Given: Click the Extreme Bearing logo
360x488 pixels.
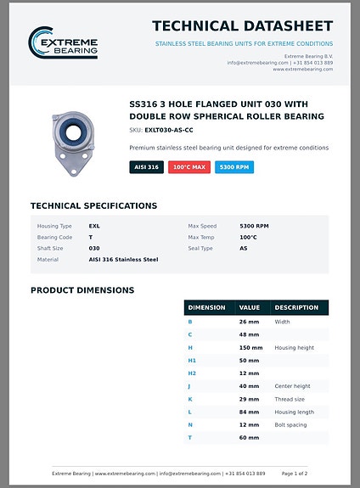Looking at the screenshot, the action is point(64,43).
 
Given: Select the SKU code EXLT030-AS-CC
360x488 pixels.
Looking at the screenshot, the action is point(169,131).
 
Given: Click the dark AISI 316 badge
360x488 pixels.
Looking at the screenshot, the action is point(146,167).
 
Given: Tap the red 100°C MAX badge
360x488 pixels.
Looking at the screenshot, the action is point(189,167).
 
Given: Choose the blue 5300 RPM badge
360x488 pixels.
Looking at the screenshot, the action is point(234,167).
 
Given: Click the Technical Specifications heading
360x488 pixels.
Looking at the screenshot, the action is point(93,205).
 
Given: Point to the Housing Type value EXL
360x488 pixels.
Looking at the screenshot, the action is point(94,227).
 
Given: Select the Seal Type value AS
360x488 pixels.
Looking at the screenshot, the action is point(244,249).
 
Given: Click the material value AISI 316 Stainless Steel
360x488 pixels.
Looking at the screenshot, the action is point(123,260).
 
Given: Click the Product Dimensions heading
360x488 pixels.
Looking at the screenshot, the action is point(82,290).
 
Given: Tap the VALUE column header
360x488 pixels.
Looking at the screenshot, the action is point(250,307).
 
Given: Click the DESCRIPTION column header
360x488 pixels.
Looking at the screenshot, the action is point(296,307).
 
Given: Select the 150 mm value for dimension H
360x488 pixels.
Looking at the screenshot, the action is point(250,348).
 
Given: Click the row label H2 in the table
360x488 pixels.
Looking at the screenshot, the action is point(192,373).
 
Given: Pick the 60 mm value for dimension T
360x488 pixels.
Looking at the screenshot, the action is point(249,437).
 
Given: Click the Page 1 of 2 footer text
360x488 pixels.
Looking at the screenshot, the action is point(295,474).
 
